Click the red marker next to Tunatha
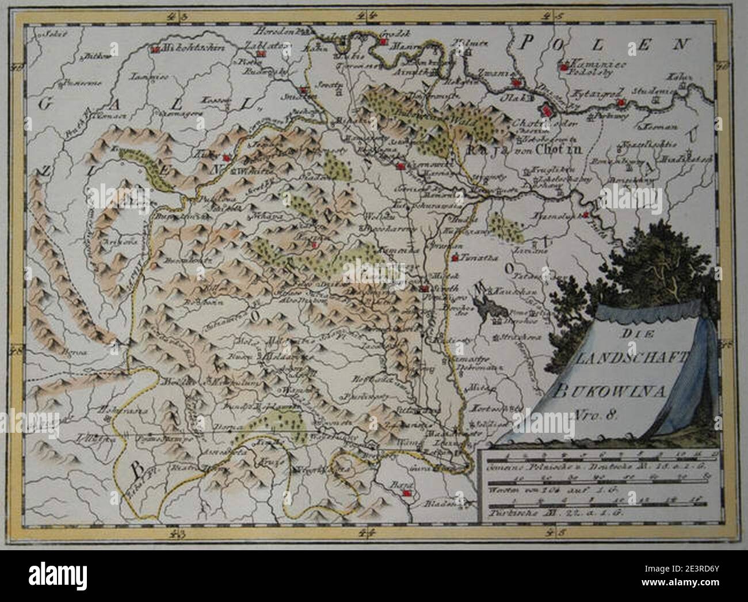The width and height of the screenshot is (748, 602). [x=456, y=257]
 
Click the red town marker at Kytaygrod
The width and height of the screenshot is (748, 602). [x=620, y=103]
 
